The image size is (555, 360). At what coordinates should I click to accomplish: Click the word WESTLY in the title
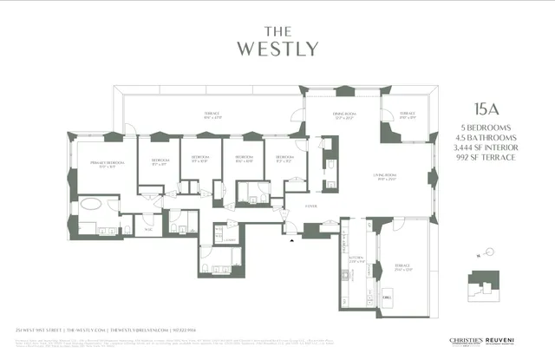[x=277, y=49]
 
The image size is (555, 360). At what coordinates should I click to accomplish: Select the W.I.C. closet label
[x=148, y=230]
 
